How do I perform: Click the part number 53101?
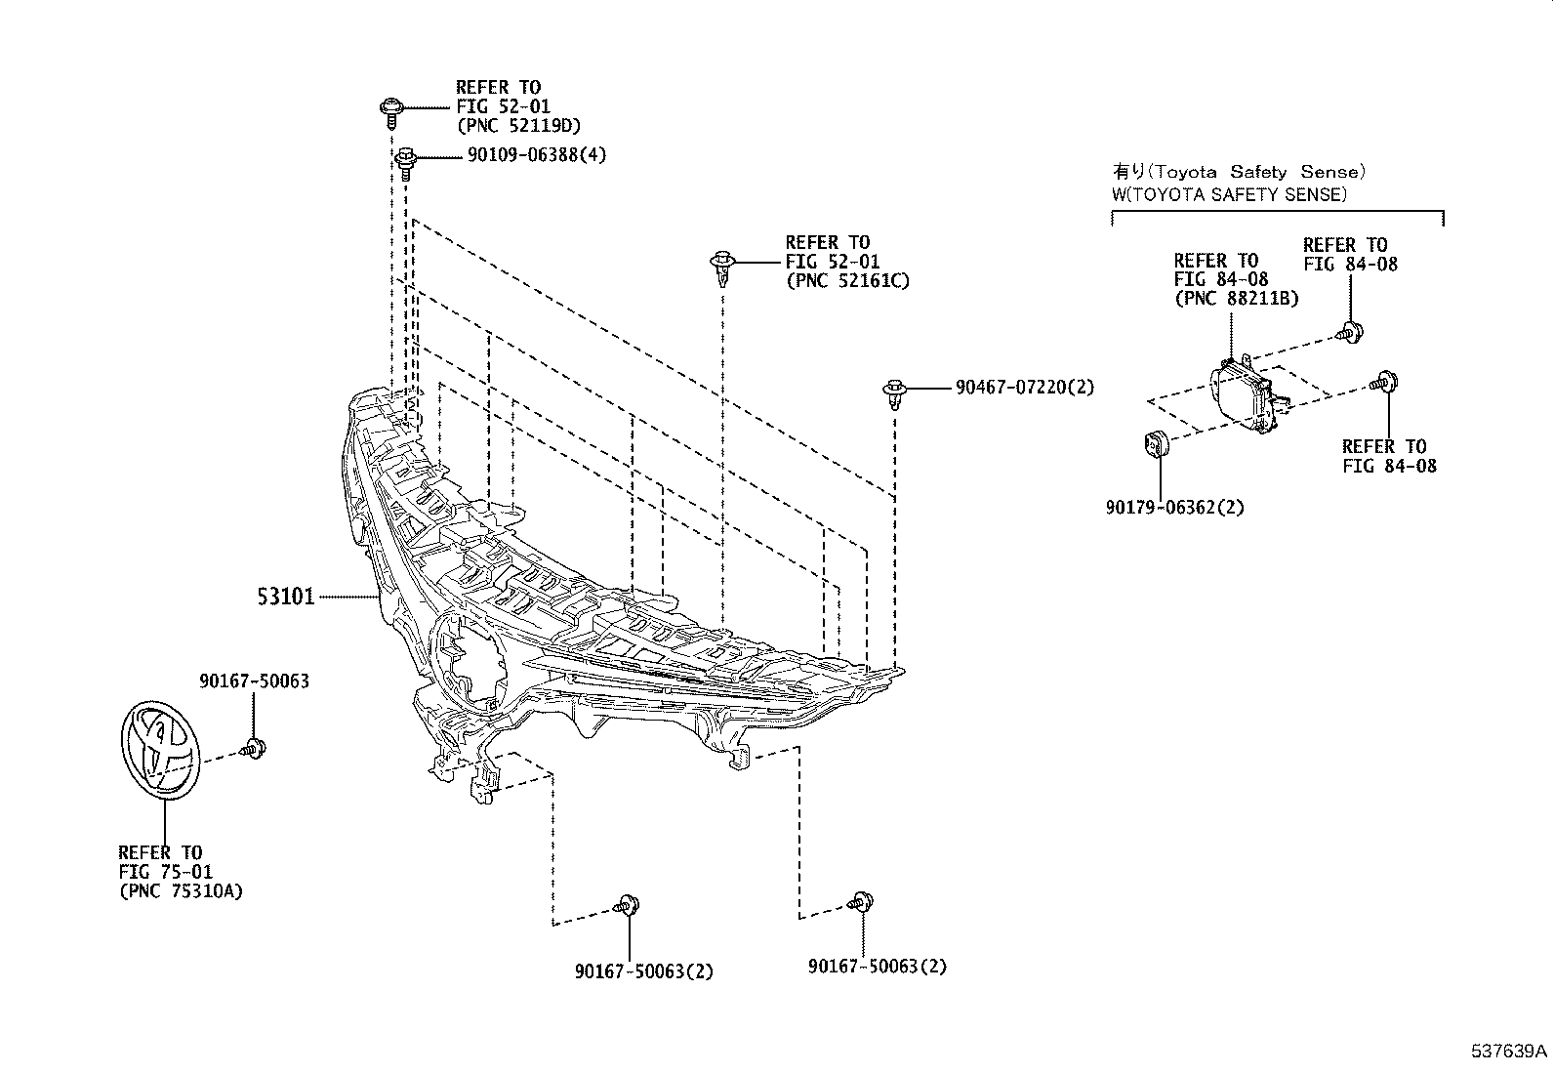tap(286, 596)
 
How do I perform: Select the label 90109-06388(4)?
tap(523, 155)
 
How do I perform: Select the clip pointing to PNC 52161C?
tap(720, 266)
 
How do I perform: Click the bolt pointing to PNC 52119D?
tap(389, 110)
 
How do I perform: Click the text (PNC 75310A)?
tap(181, 891)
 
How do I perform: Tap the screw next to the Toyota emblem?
tap(255, 750)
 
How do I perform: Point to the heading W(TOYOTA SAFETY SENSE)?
tap(1229, 194)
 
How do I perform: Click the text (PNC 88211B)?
tap(1236, 298)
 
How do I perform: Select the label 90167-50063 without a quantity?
tap(254, 681)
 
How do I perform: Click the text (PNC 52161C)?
tap(847, 281)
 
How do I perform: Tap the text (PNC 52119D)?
tap(518, 125)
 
